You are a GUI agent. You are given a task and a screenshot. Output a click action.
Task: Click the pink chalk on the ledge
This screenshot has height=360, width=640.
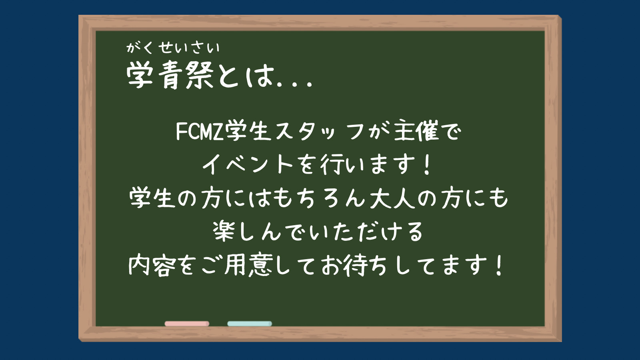(187, 324)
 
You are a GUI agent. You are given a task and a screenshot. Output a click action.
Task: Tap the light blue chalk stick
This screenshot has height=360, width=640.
(250, 324)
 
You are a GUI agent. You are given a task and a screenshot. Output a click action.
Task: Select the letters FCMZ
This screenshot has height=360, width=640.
(199, 132)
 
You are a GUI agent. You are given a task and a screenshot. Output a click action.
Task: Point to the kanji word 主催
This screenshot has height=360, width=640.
(416, 132)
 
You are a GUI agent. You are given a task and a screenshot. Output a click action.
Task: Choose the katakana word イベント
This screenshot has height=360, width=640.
(248, 165)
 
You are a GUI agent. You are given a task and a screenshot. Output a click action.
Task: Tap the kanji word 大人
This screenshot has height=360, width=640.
(392, 198)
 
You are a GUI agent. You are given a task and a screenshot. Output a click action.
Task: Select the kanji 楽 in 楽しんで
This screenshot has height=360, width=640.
(224, 231)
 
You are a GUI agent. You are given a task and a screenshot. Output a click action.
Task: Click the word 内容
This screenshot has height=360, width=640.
(152, 265)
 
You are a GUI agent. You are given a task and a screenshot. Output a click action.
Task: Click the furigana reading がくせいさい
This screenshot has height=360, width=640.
(173, 48)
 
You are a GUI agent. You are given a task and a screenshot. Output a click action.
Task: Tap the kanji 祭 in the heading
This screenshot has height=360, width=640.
(200, 75)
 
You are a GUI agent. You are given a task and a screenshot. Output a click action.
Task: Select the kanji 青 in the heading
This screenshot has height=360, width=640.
(170, 75)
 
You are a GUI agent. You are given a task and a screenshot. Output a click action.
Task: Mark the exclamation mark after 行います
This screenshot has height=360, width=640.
(427, 165)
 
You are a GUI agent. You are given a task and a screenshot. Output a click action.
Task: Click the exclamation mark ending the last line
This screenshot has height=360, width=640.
(500, 266)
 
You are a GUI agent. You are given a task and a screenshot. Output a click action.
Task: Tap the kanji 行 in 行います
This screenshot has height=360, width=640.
(332, 165)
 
